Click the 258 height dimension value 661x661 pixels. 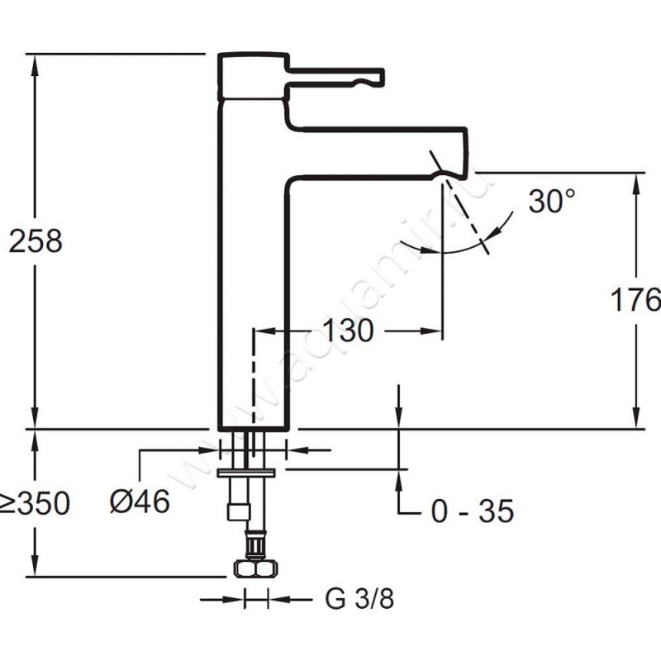click(x=36, y=241)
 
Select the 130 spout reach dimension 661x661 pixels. click(x=347, y=330)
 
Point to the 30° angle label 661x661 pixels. click(x=551, y=201)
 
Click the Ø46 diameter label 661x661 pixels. click(x=140, y=500)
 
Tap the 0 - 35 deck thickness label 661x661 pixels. click(x=472, y=511)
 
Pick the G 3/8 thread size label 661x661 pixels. click(x=359, y=599)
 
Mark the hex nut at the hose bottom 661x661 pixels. click(x=253, y=568)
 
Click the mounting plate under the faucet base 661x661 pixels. click(x=245, y=472)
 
